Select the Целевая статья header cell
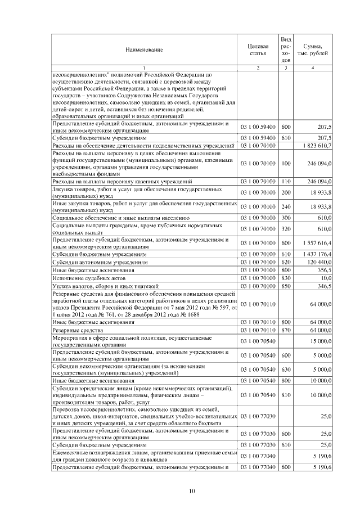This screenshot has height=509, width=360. [x=258, y=49]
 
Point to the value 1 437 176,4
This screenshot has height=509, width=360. [x=316, y=254]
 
